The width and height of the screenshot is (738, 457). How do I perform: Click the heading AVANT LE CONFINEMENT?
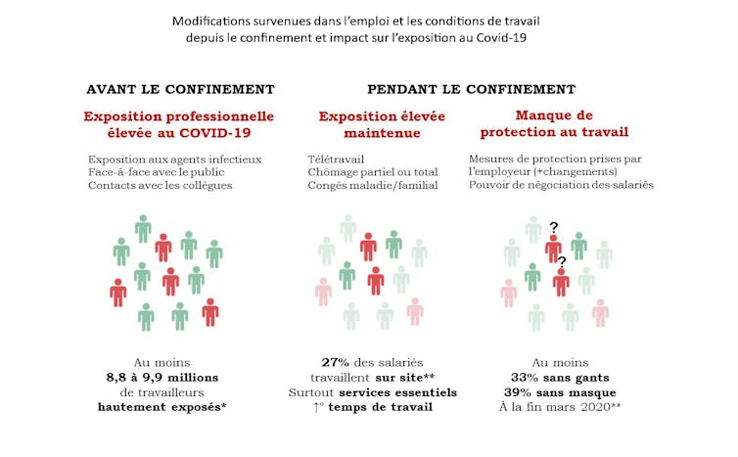[x=180, y=89]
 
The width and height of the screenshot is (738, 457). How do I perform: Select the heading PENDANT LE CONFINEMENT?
[x=471, y=89]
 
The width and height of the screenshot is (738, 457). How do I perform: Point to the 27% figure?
[x=336, y=361]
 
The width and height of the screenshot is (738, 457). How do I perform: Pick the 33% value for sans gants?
[x=528, y=377]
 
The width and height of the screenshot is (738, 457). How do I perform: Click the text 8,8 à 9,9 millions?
[x=162, y=377]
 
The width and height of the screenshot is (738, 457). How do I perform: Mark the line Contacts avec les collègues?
[x=161, y=185]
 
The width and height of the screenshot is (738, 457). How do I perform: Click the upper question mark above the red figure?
[x=554, y=227]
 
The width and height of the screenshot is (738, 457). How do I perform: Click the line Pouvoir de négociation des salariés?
[x=561, y=185]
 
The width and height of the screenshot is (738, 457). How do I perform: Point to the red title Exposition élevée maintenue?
[x=382, y=123]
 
